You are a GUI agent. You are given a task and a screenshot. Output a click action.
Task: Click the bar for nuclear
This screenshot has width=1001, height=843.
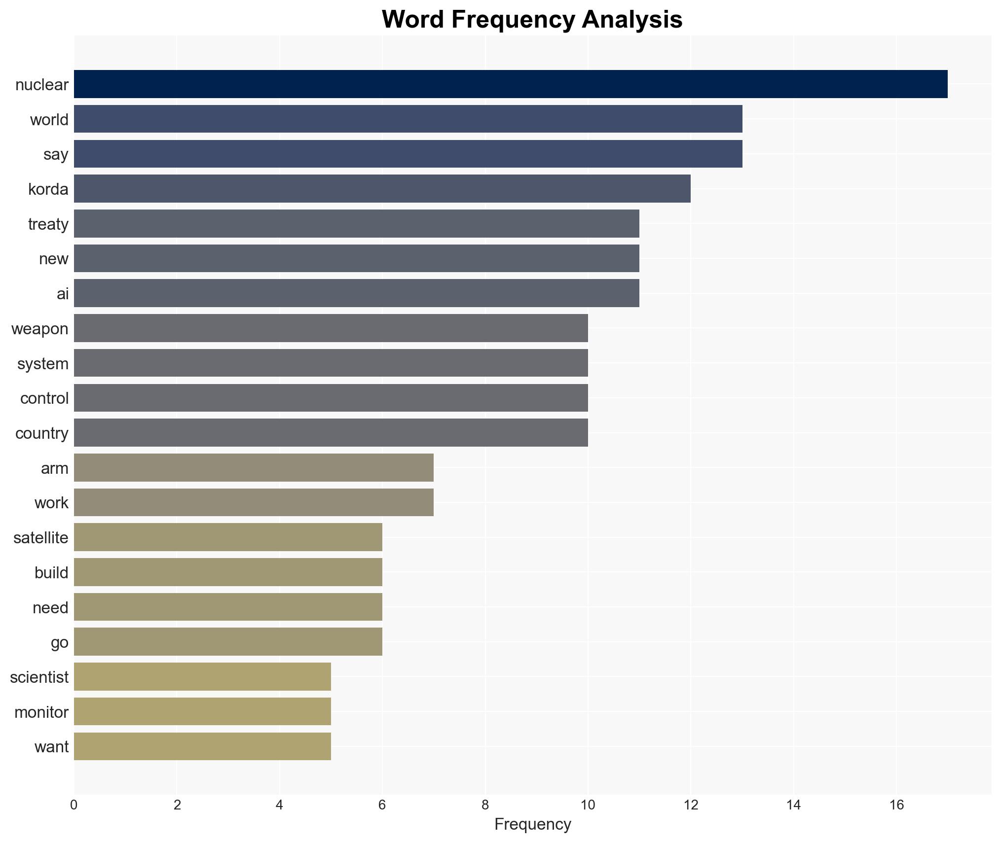pos(511,84)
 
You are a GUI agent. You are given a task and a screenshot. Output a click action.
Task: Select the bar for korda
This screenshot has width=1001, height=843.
pos(382,189)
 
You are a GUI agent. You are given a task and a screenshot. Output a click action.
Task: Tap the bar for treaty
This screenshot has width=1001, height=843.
pos(357,224)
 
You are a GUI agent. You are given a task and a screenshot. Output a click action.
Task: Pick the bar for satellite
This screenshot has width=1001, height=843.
pos(228,537)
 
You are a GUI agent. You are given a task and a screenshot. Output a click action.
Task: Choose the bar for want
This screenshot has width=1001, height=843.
pos(202,746)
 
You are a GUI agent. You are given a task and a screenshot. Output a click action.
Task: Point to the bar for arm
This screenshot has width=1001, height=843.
pos(254,468)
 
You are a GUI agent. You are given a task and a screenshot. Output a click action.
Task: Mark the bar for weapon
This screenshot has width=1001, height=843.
pos(331,328)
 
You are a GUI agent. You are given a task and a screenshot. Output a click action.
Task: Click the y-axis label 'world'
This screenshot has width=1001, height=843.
pos(49,120)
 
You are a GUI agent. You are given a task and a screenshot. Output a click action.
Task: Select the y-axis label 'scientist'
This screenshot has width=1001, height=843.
pos(39,677)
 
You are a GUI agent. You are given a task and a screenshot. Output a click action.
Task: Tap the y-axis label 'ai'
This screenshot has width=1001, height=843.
pos(63,294)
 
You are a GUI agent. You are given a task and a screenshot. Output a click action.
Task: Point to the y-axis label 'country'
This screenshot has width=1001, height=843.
pos(42,433)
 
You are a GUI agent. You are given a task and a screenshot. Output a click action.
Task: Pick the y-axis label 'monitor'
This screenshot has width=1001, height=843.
pos(41,712)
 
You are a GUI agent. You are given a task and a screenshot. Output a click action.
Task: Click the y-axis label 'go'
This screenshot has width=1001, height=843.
pos(60,643)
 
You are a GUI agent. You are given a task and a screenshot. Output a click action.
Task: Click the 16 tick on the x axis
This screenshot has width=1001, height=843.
pos(896,805)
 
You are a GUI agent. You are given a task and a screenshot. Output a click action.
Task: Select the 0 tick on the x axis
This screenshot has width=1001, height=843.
pos(74,805)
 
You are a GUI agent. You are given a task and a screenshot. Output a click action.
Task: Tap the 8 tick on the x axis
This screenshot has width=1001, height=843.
pos(485,805)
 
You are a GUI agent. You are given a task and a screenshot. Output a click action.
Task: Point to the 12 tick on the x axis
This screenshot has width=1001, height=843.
pos(691,805)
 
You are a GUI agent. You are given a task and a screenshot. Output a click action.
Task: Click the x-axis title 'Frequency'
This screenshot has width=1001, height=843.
pos(532,824)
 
